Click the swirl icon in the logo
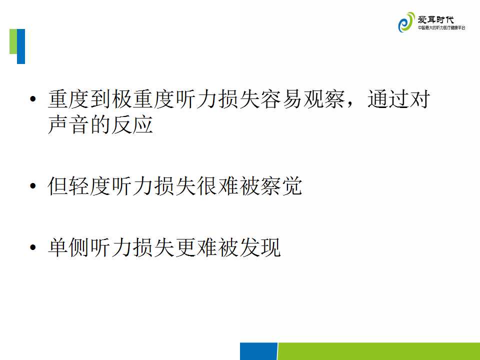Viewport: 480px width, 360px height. pyautogui.click(x=406, y=22)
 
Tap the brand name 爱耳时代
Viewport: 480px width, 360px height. pyautogui.click(x=435, y=20)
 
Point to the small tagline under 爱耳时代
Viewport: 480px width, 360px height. pyautogui.click(x=441, y=28)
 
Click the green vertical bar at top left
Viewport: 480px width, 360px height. pyautogui.click(x=13, y=41)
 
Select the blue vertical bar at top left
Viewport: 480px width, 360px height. pyautogui.click(x=21, y=46)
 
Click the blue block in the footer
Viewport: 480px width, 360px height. pyautogui.click(x=258, y=351)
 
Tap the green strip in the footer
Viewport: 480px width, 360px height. pyautogui.click(x=378, y=351)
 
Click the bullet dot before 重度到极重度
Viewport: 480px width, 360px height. pyautogui.click(x=33, y=99)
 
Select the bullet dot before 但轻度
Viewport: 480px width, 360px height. pyautogui.click(x=33, y=186)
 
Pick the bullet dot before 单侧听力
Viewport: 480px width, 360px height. pyautogui.click(x=33, y=247)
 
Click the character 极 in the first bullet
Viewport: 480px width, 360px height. pyautogui.click(x=122, y=99)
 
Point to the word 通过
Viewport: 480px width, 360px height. pyautogui.click(x=388, y=99)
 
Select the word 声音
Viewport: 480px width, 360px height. pyautogui.click(x=69, y=124)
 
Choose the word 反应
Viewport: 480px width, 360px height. pyautogui.click(x=132, y=124)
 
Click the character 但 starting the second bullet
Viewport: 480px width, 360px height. pyautogui.click(x=58, y=186)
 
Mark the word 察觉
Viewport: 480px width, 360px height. pyautogui.click(x=281, y=186)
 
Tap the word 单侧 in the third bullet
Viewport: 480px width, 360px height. pyautogui.click(x=69, y=247)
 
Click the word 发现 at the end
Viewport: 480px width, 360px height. pyautogui.click(x=260, y=247)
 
